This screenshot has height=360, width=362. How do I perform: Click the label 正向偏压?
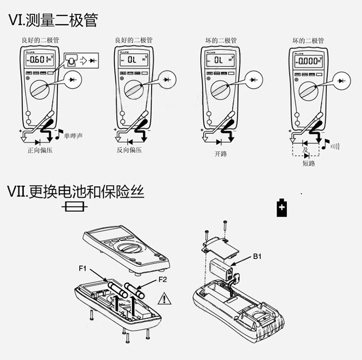pyautogui.click(x=40, y=150)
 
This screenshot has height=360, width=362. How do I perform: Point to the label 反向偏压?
pyautogui.click(x=129, y=150)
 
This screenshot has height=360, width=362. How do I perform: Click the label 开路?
pyautogui.click(x=221, y=154)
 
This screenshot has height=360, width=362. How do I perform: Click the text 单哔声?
pyautogui.click(x=73, y=136)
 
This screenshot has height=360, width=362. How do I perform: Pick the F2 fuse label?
pyautogui.click(x=163, y=279)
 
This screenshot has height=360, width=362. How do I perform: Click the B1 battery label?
pyautogui.click(x=257, y=257)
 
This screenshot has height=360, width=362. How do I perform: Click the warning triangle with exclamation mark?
pyautogui.click(x=165, y=300)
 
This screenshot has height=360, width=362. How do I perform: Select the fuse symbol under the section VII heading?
pyautogui.click(x=75, y=207)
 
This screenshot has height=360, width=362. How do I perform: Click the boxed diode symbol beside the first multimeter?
pyautogui.click(x=89, y=60)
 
